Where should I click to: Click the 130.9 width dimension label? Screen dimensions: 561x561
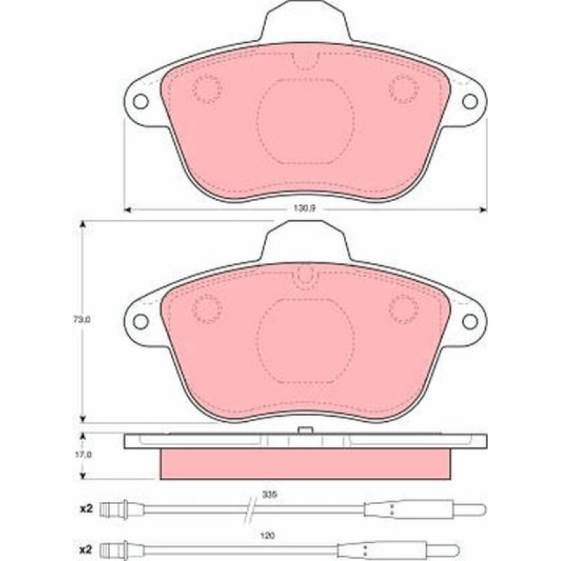click(x=304, y=208)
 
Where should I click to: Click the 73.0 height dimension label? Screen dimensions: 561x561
click(x=82, y=320)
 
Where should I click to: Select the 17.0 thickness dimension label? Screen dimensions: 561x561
click(x=82, y=455)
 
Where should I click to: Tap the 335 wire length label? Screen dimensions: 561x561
click(x=270, y=495)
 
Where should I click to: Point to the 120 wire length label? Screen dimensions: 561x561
click(x=267, y=535)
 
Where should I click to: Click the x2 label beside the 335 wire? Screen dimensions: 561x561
click(x=86, y=509)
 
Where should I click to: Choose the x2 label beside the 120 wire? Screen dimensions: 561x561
click(x=86, y=549)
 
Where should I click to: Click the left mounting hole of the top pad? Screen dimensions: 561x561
click(x=141, y=101)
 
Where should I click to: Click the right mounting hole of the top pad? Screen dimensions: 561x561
click(x=470, y=101)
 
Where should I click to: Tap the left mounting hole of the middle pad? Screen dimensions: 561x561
click(x=141, y=321)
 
